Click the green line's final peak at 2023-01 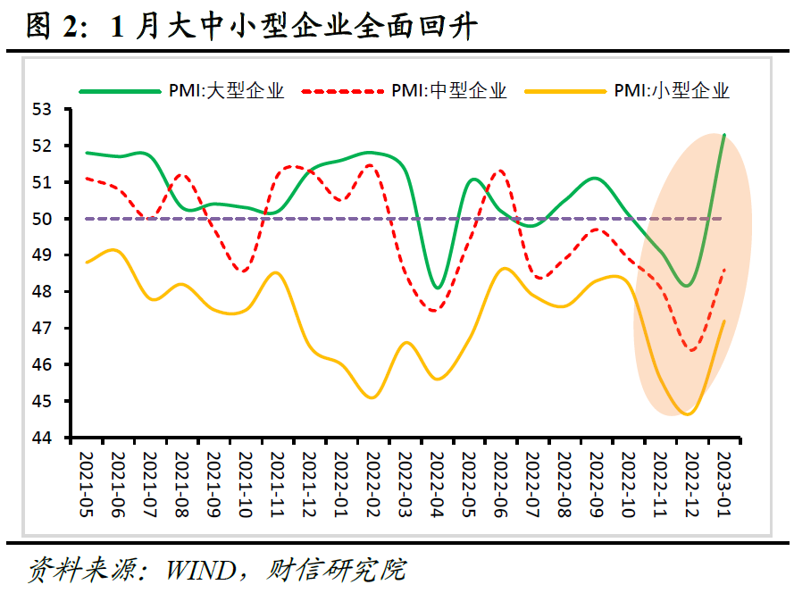point(723,135)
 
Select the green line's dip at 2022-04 point(438,288)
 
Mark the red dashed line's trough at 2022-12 point(692,350)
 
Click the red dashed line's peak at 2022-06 point(501,170)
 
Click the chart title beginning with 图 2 point(250,26)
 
